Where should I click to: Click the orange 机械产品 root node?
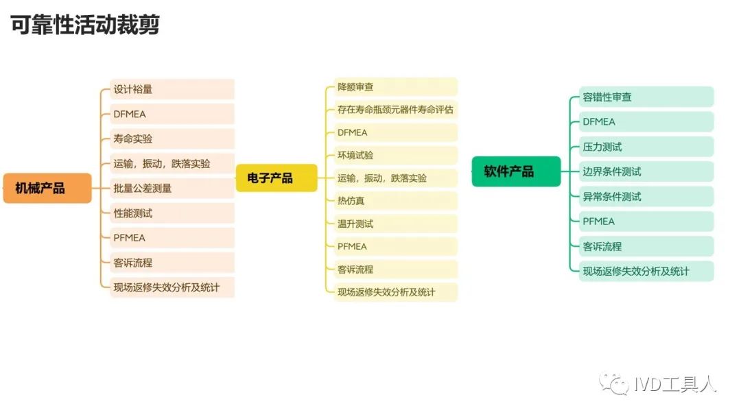[x=47, y=188]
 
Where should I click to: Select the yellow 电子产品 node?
[x=277, y=178]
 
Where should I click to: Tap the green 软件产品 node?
[x=516, y=171]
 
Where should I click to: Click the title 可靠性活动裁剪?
[x=85, y=25]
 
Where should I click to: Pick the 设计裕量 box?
[x=172, y=89]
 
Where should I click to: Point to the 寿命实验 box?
[x=172, y=139]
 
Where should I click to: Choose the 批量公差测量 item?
[x=172, y=188]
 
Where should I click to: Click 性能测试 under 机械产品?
[x=172, y=213]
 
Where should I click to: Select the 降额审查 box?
[x=396, y=87]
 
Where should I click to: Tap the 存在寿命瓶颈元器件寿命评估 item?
[x=396, y=110]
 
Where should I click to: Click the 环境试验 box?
[x=396, y=156]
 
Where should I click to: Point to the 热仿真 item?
[x=396, y=201]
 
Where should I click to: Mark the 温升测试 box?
[x=396, y=224]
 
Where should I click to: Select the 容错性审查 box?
[x=646, y=97]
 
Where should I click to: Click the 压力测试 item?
[x=646, y=146]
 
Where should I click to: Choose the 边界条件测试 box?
[x=646, y=171]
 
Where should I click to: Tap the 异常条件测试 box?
[x=646, y=196]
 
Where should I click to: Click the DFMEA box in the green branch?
[x=646, y=122]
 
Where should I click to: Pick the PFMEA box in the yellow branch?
[x=396, y=246]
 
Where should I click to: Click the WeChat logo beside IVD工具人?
[x=614, y=383]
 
